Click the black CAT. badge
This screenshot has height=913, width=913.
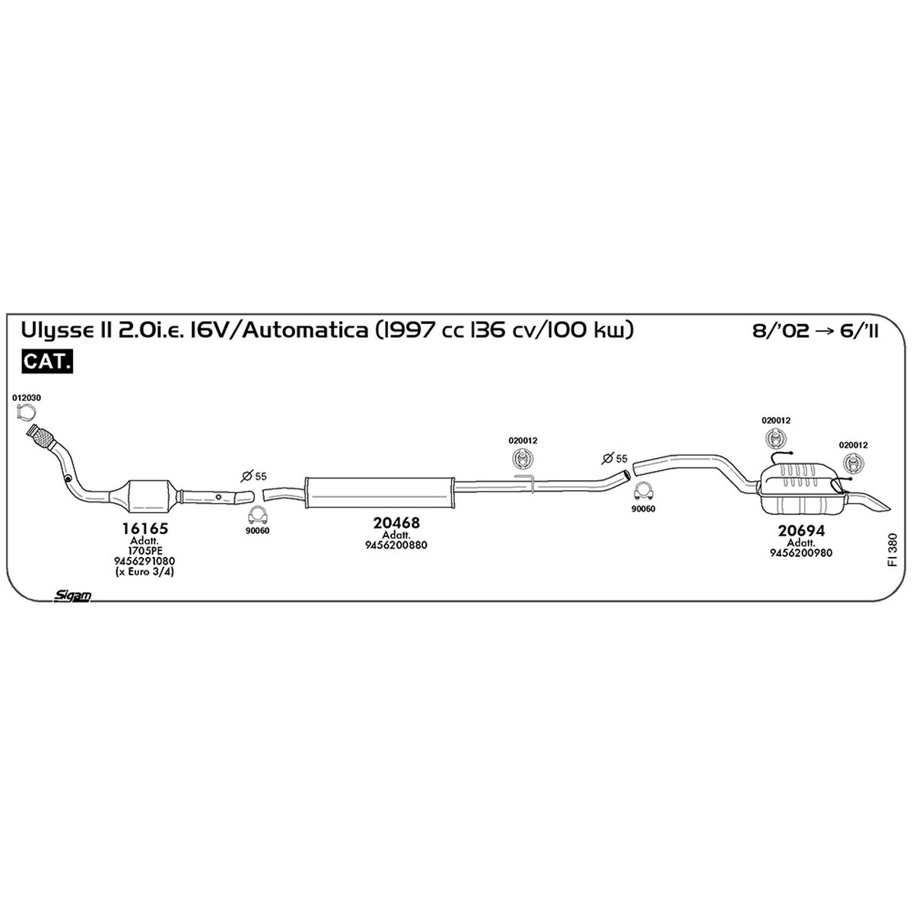pos(47,361)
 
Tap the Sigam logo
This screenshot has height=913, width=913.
pos(72,596)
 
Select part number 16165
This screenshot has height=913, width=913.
pos(145,528)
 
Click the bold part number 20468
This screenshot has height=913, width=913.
pos(396,523)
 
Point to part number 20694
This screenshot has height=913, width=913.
pos(801,530)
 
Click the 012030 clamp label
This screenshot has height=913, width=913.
pos(27,398)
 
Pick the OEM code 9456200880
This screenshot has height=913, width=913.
pos(396,546)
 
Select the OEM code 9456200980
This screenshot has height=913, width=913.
pos(801,553)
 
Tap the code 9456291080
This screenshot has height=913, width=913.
pos(145,561)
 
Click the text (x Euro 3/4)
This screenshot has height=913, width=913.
pos(145,572)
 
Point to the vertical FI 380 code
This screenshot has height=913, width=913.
pos(893,550)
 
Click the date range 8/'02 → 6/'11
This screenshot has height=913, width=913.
pos(815,331)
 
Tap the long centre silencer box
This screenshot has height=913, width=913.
pos(379,493)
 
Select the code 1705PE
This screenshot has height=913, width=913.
pos(145,551)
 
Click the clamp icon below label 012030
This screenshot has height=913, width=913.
pos(24,413)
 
